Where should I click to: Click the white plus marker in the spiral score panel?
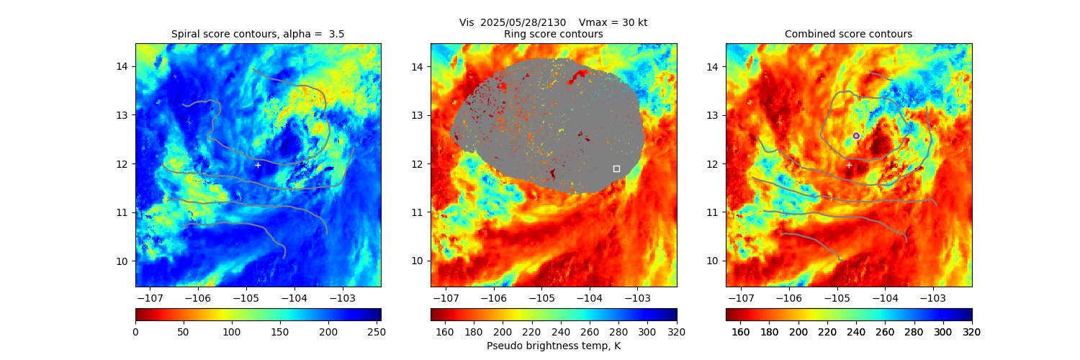point(258,165)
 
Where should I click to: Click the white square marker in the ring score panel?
point(616,168)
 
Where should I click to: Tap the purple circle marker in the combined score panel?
point(856,135)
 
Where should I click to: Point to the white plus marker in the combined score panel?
point(849,165)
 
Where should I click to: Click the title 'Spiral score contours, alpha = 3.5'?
point(258,34)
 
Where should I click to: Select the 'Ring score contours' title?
point(553,34)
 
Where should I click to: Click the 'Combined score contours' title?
point(848,34)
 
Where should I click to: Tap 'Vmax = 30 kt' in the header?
point(613,22)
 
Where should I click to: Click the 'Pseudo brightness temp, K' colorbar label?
point(553,346)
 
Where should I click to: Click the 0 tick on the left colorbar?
point(136,331)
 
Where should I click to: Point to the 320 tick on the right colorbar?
point(972,331)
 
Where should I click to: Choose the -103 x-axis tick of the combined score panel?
point(932,297)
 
